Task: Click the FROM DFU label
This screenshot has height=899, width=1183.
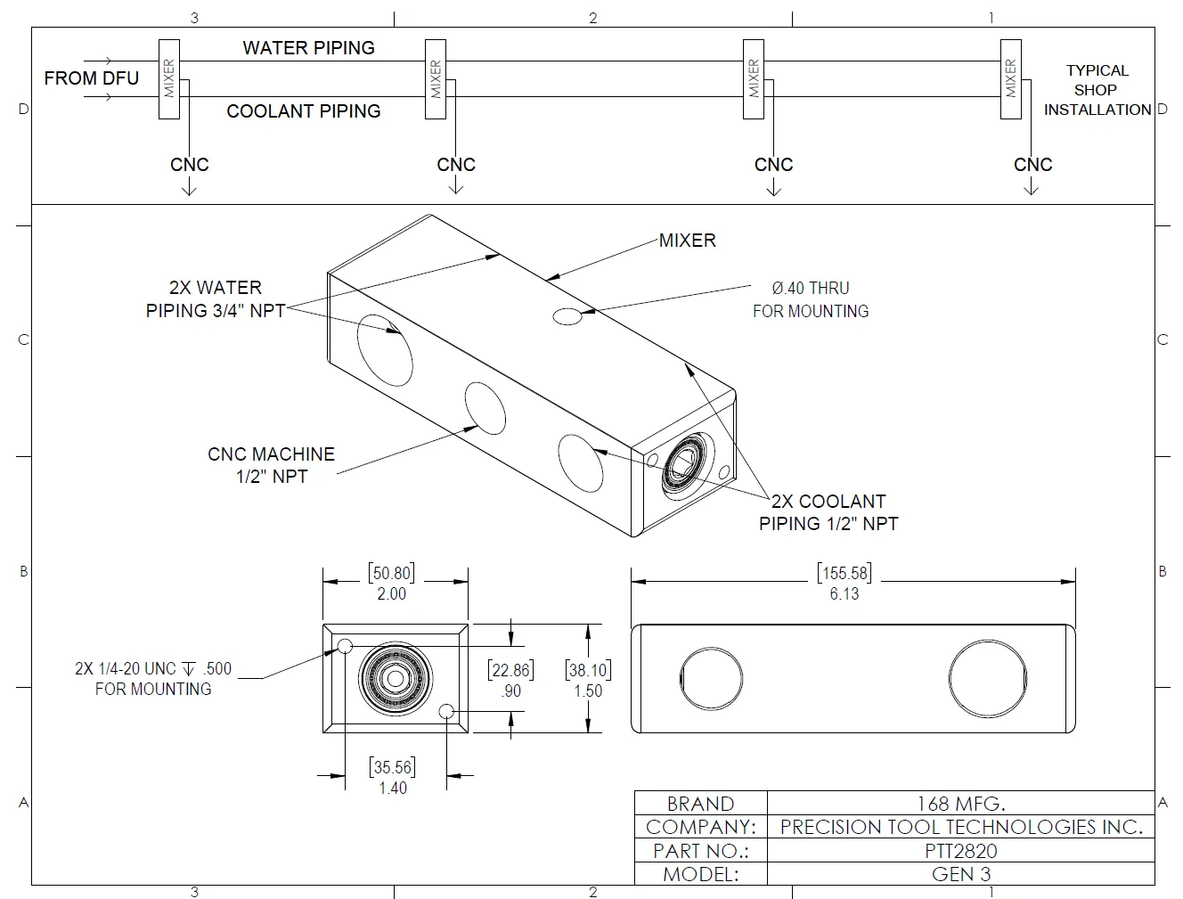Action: [x=92, y=78]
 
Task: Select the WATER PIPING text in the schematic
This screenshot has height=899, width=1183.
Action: [x=308, y=48]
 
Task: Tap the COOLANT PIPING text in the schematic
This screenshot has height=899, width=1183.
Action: [x=303, y=111]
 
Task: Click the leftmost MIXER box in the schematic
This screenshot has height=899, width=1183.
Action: [x=169, y=79]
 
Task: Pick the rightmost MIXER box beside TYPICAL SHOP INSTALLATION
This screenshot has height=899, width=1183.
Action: [x=1010, y=79]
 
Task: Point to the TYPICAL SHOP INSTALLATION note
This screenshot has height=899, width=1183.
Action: [x=1097, y=90]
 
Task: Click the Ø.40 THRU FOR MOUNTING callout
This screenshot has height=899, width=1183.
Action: [x=810, y=299]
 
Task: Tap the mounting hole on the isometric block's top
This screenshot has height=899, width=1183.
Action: [x=567, y=315]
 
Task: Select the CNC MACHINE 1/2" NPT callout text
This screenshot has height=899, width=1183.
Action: [x=271, y=465]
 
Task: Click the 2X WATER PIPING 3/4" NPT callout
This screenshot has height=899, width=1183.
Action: [x=216, y=299]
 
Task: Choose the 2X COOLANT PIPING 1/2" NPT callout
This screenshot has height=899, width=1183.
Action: [x=828, y=512]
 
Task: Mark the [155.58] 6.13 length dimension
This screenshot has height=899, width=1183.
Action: [x=844, y=583]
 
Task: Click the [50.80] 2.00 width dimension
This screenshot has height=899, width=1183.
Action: [x=392, y=583]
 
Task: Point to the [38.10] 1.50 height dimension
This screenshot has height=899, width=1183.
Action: [x=588, y=680]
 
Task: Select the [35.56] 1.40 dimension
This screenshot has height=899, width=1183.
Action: [x=393, y=777]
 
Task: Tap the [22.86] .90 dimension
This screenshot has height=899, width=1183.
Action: [x=510, y=680]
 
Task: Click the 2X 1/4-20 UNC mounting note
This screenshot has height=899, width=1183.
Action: [x=153, y=679]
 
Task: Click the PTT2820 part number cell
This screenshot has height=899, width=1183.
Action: [x=960, y=851]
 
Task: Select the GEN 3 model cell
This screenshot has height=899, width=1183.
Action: [x=960, y=874]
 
